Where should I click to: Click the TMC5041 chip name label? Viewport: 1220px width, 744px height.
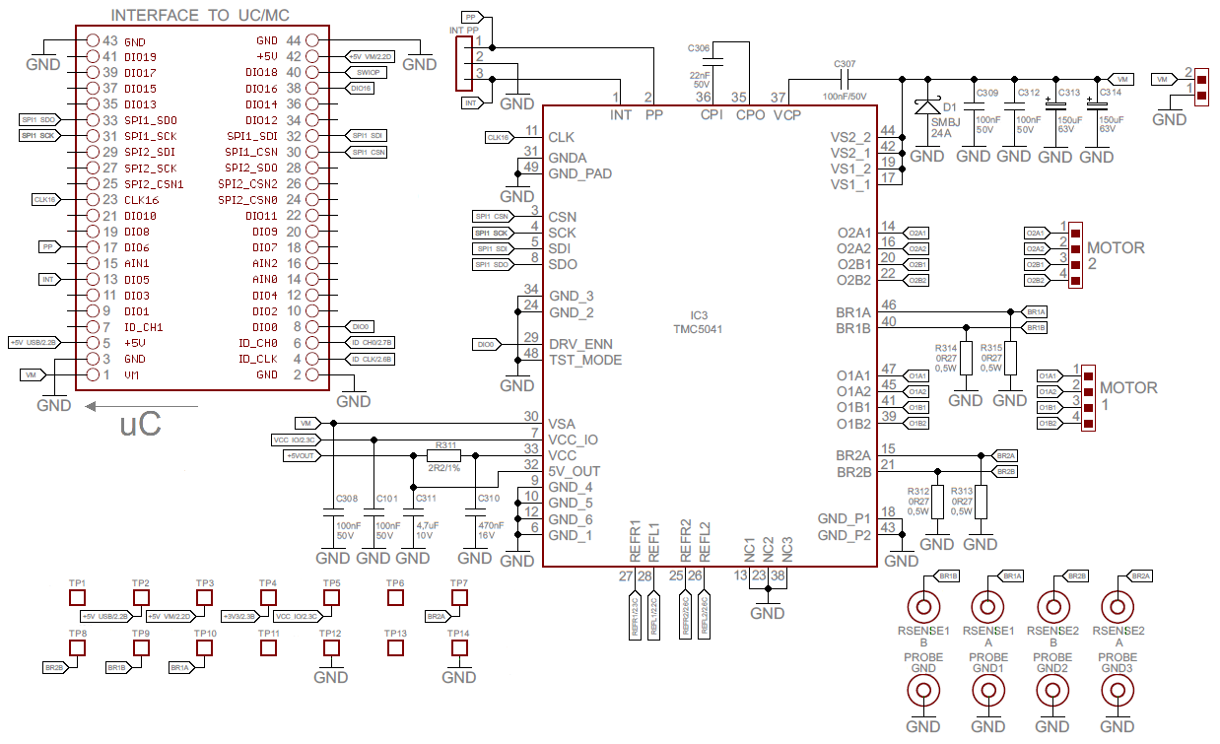click(698, 329)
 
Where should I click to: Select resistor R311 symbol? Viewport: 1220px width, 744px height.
click(442, 455)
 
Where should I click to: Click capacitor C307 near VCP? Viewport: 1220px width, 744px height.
click(845, 77)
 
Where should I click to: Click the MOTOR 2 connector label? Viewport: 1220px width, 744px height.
click(1122, 255)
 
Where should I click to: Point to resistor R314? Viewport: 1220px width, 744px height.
click(966, 358)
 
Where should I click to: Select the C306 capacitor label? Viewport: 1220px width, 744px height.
click(698, 48)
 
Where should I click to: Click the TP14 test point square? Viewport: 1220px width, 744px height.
click(458, 647)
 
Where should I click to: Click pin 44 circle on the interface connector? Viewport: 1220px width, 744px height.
click(312, 41)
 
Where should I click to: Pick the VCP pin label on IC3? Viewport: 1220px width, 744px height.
click(787, 115)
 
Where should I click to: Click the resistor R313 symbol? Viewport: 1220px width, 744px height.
click(981, 501)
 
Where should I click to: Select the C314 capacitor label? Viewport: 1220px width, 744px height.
click(1110, 93)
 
